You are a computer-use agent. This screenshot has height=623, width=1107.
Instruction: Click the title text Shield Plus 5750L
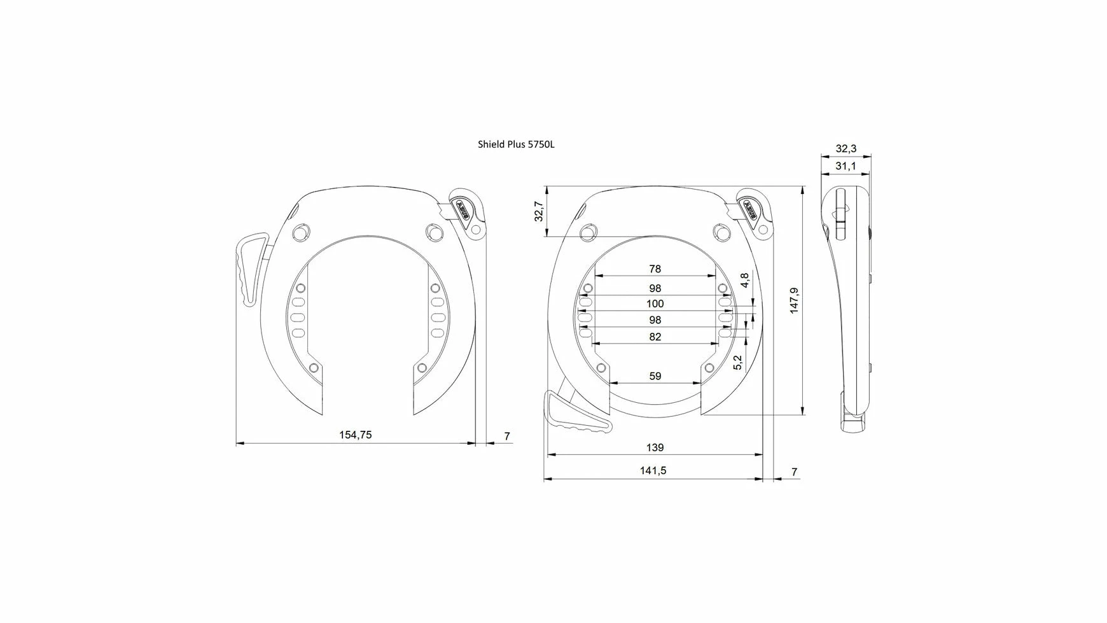click(516, 144)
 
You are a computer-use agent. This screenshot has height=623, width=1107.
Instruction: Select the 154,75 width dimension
click(355, 435)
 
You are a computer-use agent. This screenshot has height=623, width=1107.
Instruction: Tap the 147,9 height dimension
click(794, 300)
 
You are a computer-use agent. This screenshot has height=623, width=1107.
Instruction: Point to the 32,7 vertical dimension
click(539, 211)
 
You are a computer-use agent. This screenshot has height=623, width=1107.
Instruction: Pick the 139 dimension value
click(655, 447)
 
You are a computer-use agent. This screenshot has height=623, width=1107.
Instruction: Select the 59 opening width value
click(655, 376)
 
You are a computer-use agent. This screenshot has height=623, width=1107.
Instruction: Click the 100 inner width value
click(655, 304)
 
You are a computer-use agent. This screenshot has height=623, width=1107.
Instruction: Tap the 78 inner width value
click(655, 269)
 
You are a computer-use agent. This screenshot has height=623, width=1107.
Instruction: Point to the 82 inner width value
click(655, 337)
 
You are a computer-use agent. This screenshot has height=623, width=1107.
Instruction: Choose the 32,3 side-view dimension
click(846, 148)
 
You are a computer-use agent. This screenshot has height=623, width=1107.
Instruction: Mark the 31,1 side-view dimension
click(846, 166)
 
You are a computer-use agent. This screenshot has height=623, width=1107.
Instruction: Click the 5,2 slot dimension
click(737, 363)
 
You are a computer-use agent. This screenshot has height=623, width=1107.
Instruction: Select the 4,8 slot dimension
click(745, 279)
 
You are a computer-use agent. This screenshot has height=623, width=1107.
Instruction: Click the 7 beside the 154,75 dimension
click(507, 436)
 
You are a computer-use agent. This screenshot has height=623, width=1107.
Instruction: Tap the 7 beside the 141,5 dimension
click(794, 472)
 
